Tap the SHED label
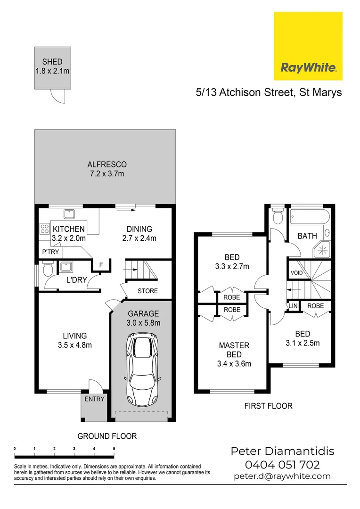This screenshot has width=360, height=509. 52,62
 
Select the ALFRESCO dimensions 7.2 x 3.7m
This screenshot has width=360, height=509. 107,174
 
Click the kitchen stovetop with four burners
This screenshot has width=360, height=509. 45,229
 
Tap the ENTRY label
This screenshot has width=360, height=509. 95,399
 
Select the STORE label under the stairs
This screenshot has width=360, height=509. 147,291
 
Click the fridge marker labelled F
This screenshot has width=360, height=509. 100,265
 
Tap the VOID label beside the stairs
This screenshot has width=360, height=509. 297,273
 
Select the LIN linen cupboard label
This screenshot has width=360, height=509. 293,306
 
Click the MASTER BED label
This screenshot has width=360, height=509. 234,350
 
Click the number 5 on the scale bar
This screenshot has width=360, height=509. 114,448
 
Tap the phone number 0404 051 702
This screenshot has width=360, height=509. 282,465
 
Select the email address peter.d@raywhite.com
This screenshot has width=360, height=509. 282,476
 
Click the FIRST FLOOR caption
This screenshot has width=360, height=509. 268,406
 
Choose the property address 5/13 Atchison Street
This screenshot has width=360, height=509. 269,92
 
